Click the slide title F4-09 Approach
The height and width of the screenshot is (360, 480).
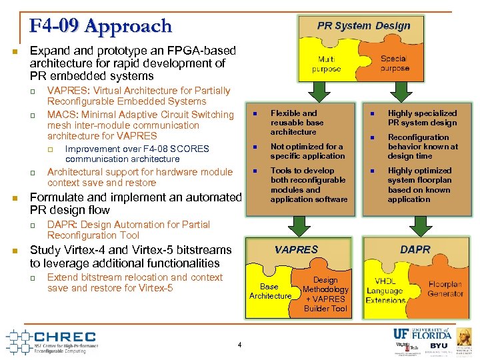(100, 26)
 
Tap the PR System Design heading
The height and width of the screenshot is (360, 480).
(363, 26)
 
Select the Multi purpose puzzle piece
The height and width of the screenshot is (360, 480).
(327, 64)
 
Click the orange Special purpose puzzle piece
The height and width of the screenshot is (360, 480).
(395, 63)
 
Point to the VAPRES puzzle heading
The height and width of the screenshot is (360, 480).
(297, 249)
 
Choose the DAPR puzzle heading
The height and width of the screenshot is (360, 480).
(415, 249)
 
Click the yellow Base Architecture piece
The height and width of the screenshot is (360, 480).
(270, 291)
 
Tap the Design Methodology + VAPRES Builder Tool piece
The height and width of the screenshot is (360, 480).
(325, 294)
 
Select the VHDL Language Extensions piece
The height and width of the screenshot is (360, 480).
(385, 291)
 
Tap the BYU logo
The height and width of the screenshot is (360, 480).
(439, 346)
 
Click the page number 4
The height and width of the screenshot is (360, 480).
(239, 345)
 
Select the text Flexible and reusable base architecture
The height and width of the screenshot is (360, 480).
(297, 123)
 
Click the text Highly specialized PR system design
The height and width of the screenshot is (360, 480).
(422, 118)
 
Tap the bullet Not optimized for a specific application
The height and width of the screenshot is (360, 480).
(307, 151)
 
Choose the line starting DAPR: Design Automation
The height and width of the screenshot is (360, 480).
(128, 230)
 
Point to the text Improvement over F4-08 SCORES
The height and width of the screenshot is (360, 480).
(137, 154)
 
